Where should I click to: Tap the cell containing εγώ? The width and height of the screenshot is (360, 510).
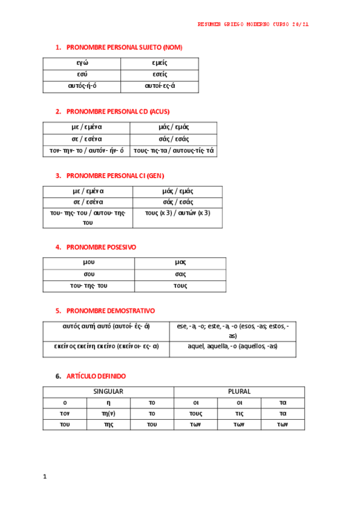(x=82, y=63)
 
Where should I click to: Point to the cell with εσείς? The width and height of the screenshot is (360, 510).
(x=159, y=75)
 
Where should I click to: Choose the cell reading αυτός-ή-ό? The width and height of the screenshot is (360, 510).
(x=82, y=86)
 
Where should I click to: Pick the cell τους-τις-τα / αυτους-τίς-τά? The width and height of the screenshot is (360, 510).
(x=173, y=150)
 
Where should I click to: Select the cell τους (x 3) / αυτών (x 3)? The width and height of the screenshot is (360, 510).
(x=177, y=213)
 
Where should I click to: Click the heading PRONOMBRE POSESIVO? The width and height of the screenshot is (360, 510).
(x=101, y=247)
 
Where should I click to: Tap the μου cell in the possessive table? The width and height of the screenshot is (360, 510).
(x=88, y=263)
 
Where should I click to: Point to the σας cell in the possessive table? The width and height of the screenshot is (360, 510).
(x=180, y=274)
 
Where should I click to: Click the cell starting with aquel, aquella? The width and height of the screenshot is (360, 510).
(x=232, y=346)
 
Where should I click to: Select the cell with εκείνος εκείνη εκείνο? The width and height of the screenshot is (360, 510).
(x=106, y=346)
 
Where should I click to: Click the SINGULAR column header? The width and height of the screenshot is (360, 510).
(x=108, y=392)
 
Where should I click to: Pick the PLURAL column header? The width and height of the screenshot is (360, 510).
(x=239, y=392)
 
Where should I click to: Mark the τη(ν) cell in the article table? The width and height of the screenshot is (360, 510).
(x=108, y=414)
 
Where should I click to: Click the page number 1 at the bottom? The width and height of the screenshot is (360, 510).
(x=44, y=476)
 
